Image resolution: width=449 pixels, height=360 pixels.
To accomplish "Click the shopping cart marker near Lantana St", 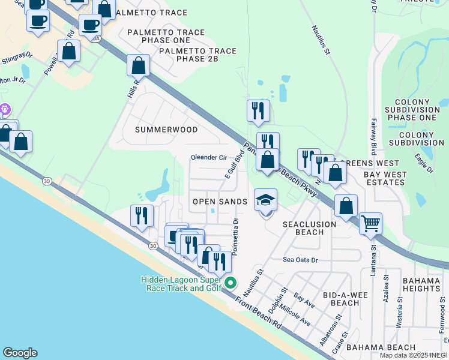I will point(371,223).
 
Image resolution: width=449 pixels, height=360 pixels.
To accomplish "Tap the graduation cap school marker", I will point(265,200).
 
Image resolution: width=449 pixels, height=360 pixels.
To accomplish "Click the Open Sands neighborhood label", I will point(220,202).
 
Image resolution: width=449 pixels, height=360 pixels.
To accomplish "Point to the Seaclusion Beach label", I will point(310,228).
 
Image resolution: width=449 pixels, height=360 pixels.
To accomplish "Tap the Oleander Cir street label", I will point(208,157).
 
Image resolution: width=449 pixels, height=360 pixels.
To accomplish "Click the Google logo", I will point(20,353).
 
